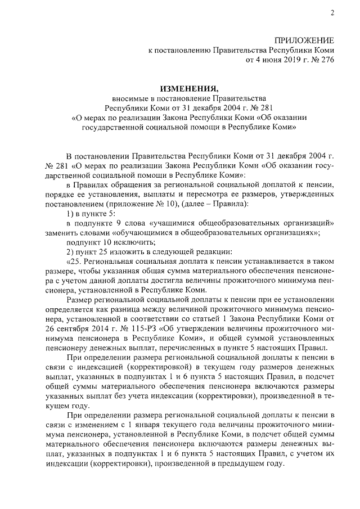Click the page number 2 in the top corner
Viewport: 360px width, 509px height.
pyautogui.click(x=332, y=13)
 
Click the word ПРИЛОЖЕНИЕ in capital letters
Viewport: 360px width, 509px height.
pyautogui.click(x=305, y=40)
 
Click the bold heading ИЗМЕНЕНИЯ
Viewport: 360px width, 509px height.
pyautogui.click(x=190, y=88)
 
